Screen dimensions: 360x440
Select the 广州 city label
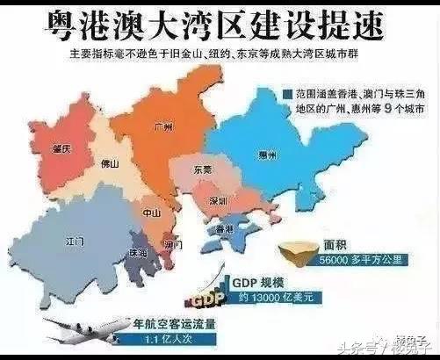pos(159,126)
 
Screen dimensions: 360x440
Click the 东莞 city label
pos(203,170)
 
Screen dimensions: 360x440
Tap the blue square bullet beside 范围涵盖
pos(287,92)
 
